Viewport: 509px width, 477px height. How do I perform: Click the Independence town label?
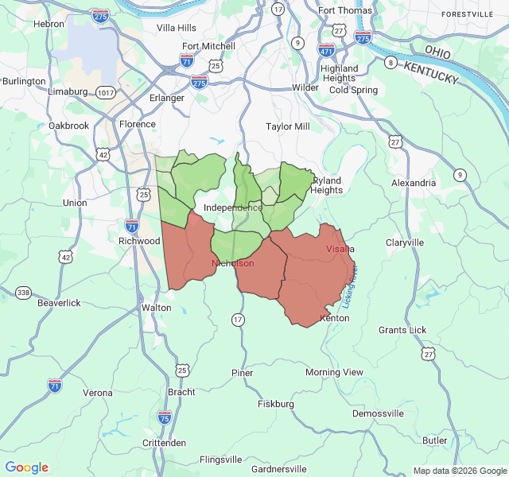pyautogui.click(x=233, y=207)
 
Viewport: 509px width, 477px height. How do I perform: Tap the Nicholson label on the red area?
pyautogui.click(x=233, y=263)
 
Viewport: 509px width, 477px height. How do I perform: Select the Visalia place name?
pyautogui.click(x=340, y=249)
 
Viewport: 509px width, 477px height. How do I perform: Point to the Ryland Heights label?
pyautogui.click(x=327, y=185)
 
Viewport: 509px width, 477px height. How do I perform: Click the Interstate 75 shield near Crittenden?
pyautogui.click(x=164, y=417)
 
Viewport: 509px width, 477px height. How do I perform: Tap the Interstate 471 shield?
pyautogui.click(x=326, y=49)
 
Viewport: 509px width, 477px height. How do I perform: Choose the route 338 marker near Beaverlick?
pyautogui.click(x=24, y=293)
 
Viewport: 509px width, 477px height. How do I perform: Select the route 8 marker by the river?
pyautogui.click(x=390, y=62)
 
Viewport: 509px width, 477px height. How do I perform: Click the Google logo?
pyautogui.click(x=26, y=467)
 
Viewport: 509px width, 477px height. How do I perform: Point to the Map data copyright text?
pyautogui.click(x=459, y=471)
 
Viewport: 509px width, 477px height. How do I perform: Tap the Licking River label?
pyautogui.click(x=351, y=287)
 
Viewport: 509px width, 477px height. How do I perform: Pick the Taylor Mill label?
pyautogui.click(x=288, y=126)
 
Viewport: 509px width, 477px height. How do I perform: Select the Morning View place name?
pyautogui.click(x=334, y=372)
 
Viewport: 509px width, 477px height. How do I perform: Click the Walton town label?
pyautogui.click(x=156, y=308)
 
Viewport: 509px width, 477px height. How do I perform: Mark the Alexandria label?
pyautogui.click(x=414, y=183)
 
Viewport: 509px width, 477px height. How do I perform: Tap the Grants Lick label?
pyautogui.click(x=402, y=330)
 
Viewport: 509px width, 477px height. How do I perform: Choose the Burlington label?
pyautogui.click(x=24, y=81)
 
